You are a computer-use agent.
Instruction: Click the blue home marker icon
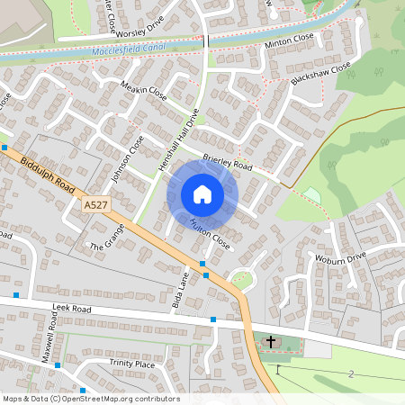coord(202,194)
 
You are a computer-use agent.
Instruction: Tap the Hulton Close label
coord(211,236)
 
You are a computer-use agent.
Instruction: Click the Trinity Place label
coord(132,364)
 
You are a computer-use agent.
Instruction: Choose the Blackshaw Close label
coord(320,74)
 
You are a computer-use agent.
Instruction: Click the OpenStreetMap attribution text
coord(91,399)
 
